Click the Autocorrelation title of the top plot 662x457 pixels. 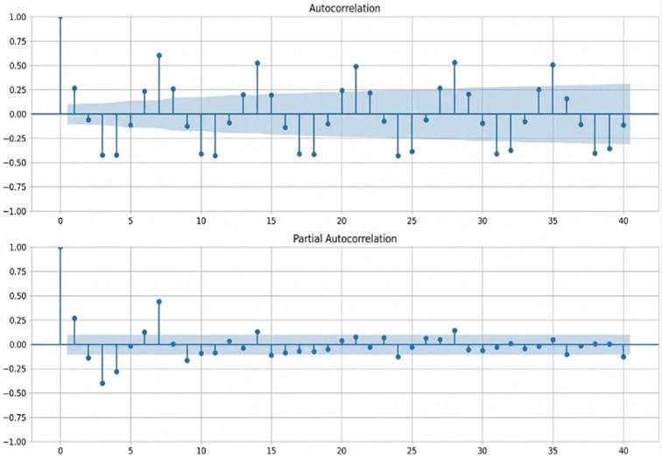pyautogui.click(x=344, y=9)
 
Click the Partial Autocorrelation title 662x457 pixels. pyautogui.click(x=344, y=239)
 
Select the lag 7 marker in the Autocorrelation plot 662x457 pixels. pyautogui.click(x=158, y=55)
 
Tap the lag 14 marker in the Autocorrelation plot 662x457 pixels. pyautogui.click(x=257, y=63)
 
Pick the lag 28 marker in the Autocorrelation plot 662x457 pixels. pyautogui.click(x=454, y=62)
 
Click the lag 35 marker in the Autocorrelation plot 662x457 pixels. pyautogui.click(x=553, y=65)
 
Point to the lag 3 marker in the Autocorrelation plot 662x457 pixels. pyautogui.click(x=102, y=155)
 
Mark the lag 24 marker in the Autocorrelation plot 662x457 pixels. pyautogui.click(x=398, y=156)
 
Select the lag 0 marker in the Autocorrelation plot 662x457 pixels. pyautogui.click(x=60, y=17)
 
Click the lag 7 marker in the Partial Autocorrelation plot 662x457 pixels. pyautogui.click(x=158, y=302)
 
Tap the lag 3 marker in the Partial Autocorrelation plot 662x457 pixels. pyautogui.click(x=102, y=383)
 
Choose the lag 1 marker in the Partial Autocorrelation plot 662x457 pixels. pyautogui.click(x=74, y=318)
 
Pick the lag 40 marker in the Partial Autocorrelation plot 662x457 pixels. pyautogui.click(x=623, y=357)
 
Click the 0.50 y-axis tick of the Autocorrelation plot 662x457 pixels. pyautogui.click(x=18, y=66)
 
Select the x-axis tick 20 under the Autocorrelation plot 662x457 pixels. pyautogui.click(x=342, y=221)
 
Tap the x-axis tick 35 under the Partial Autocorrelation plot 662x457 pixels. pyautogui.click(x=553, y=451)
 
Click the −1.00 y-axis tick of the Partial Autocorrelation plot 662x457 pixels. pyautogui.click(x=14, y=442)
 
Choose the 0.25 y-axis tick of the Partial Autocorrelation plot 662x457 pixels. pyautogui.click(x=18, y=320)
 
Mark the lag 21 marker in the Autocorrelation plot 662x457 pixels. pyautogui.click(x=356, y=67)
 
